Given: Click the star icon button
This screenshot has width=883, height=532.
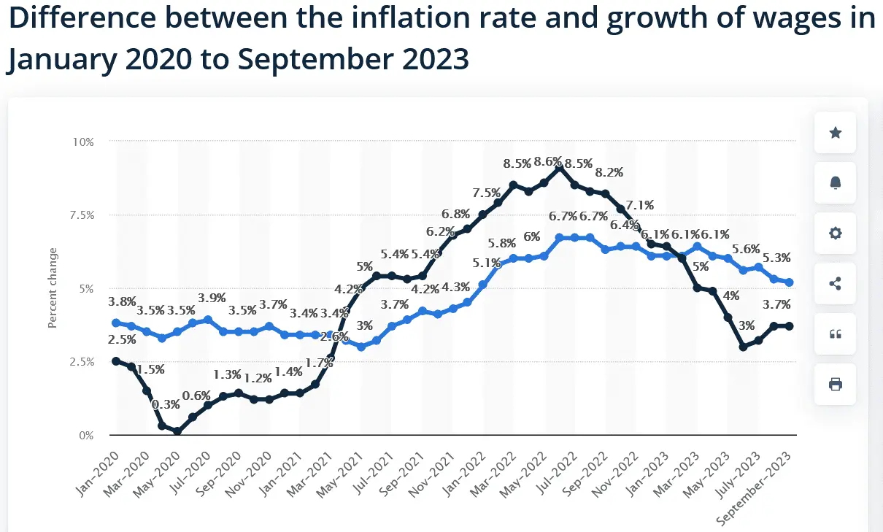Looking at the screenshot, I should tap(836, 132).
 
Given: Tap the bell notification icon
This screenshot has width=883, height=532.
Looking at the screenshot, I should tap(836, 183).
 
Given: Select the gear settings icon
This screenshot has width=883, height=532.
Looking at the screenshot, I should tap(836, 234).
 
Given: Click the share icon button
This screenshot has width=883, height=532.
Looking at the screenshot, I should tap(836, 283).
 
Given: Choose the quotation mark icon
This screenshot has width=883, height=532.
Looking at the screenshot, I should tap(836, 334).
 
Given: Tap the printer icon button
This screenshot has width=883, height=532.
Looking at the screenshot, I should tap(836, 384).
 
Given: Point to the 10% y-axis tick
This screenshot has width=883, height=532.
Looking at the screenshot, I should tap(82, 142).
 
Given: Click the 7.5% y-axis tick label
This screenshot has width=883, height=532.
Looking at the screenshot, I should tap(80, 215).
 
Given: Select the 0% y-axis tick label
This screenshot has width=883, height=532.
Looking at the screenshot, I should tap(85, 436).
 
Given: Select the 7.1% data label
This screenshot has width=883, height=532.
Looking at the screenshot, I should tap(639, 204).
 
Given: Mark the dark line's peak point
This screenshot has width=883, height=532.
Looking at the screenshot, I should tap(559, 169).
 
